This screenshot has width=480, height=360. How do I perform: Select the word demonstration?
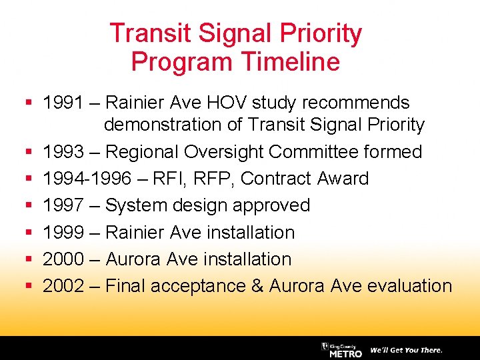pyautogui.click(x=173, y=125)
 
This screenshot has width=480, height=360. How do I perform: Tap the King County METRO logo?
pyautogui.click(x=341, y=350)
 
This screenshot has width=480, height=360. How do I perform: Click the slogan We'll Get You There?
pyautogui.click(x=406, y=350)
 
